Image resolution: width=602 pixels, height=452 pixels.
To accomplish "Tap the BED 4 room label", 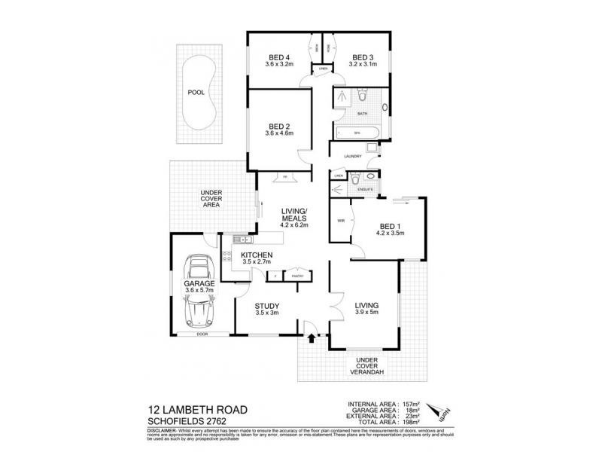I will coord(279,56).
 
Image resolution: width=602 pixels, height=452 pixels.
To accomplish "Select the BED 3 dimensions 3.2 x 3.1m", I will coord(363,65).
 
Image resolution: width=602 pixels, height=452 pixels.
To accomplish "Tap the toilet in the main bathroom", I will coord(362,96).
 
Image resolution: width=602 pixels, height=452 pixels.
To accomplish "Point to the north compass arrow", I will coord(436,411).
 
